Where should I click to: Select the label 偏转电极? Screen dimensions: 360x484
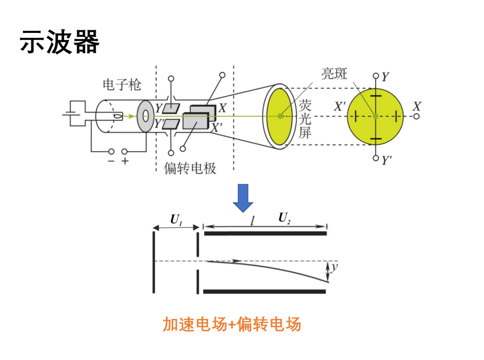[x=190, y=169]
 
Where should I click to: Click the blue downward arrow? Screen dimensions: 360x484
[x=243, y=198]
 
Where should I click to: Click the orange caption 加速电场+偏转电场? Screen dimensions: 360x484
[x=232, y=323]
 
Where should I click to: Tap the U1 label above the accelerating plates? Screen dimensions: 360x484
[x=176, y=219]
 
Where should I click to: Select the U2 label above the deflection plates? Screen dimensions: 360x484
[x=285, y=217]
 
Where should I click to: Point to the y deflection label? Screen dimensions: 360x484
[x=334, y=268]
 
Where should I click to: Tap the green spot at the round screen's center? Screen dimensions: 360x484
[x=376, y=116]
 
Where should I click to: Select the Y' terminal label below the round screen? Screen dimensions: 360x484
[x=386, y=159]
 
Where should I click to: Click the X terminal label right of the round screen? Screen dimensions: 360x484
[x=417, y=106]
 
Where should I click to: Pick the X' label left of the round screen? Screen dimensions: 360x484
[x=340, y=106]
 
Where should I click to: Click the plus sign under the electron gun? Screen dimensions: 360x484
[x=125, y=161]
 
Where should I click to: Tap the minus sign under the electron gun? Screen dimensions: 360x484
[x=111, y=161]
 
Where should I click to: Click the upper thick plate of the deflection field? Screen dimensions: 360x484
[x=265, y=232]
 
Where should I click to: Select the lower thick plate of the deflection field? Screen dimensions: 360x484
[x=265, y=291]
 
